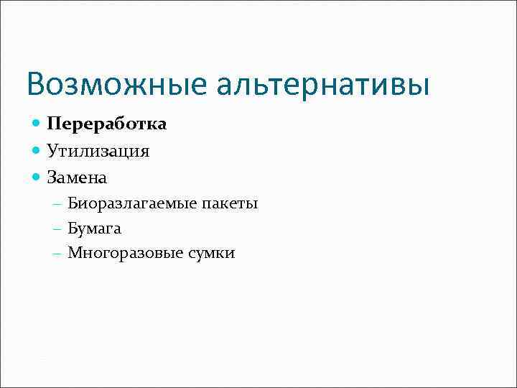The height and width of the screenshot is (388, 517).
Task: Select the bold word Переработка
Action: click(x=107, y=124)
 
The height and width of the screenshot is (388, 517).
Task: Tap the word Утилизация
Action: click(x=98, y=150)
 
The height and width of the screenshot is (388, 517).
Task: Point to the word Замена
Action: click(x=77, y=176)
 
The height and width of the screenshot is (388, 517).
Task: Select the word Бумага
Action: click(x=94, y=228)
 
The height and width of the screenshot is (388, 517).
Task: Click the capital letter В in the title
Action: click(x=36, y=84)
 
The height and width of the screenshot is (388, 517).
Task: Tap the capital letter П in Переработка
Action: click(x=54, y=124)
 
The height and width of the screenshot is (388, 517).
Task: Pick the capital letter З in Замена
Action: click(x=52, y=176)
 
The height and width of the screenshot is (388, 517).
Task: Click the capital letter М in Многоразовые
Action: click(x=74, y=253)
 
